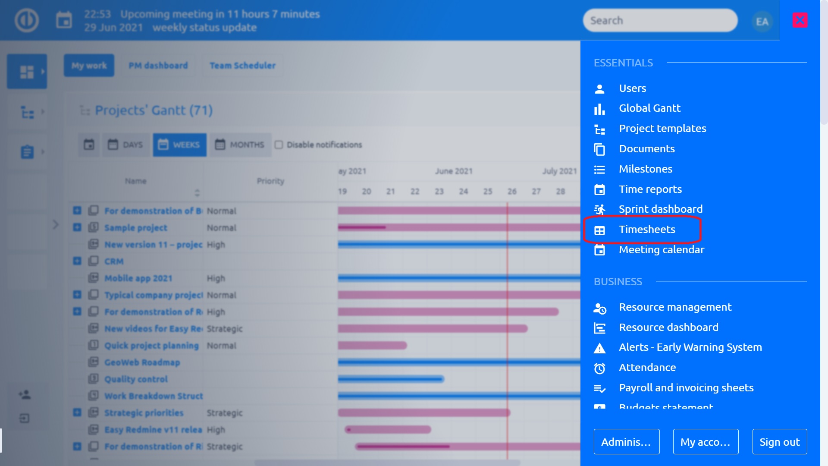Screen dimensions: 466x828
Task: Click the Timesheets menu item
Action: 646,230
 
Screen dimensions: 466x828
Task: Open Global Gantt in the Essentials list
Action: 649,108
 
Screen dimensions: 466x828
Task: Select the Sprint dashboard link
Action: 660,209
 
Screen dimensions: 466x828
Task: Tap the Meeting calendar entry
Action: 661,250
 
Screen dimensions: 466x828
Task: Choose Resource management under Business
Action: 675,307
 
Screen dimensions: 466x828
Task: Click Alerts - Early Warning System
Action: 690,347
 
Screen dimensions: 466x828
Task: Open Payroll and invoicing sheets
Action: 686,388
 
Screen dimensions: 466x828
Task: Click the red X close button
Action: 800,20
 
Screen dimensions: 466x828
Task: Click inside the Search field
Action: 660,21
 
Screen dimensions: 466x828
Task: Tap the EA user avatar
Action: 762,22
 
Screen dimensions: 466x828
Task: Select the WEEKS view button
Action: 179,145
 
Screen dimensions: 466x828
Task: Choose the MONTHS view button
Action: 240,145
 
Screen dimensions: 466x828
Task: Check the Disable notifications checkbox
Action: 279,145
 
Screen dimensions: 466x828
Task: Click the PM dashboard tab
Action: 158,66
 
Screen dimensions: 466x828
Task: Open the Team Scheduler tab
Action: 242,66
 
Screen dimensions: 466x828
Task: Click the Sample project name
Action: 135,228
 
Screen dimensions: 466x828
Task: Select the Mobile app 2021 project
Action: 138,278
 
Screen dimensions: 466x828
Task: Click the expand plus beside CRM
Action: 77,261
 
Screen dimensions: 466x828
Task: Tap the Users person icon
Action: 599,89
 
